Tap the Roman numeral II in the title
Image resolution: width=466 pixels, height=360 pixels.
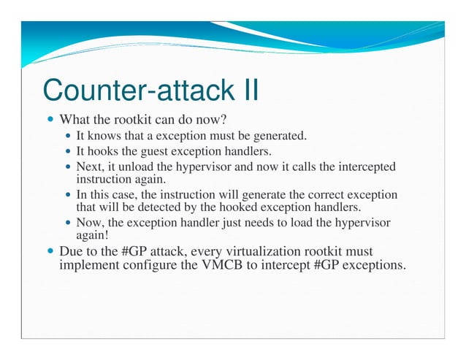tap(251, 91)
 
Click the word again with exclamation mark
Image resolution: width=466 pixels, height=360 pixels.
tap(92, 234)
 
